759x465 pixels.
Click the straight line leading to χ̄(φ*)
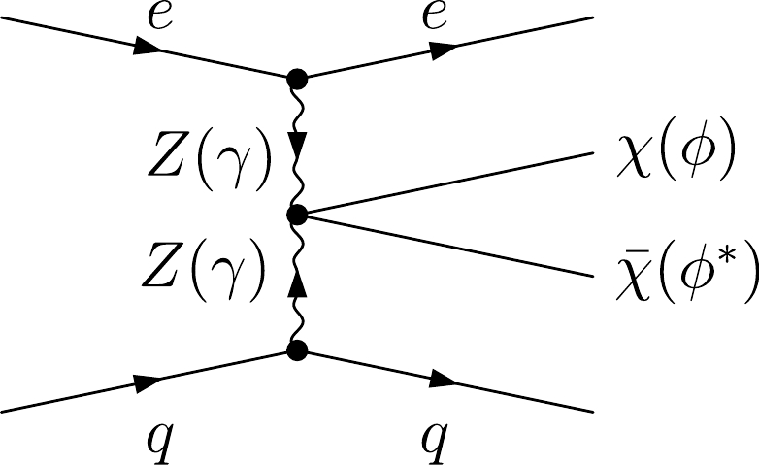[446, 244]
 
